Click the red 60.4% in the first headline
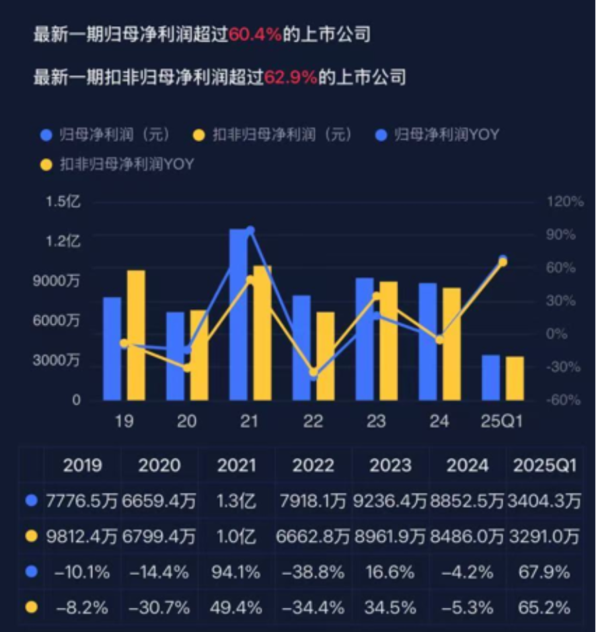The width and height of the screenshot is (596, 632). pos(255,34)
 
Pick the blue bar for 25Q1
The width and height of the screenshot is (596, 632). pos(491,377)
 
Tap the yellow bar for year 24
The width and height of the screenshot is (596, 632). pos(451,344)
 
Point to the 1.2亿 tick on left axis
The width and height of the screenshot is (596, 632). pos(63,241)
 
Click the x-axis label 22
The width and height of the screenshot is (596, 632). pos(313,422)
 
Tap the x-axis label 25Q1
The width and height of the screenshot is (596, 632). pos(501,422)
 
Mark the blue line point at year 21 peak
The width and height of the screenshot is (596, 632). pos(250,231)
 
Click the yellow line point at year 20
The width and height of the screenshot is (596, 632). pos(187,367)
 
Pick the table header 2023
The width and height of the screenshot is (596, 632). pos(390,465)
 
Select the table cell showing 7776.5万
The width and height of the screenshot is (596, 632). pos(82,501)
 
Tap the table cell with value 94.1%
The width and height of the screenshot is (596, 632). pos(237,573)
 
